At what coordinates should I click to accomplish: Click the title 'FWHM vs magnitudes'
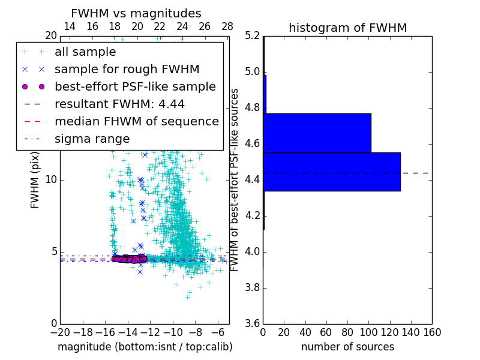point(136,14)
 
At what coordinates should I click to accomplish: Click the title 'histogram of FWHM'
point(347,28)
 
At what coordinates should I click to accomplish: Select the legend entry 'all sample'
point(85,52)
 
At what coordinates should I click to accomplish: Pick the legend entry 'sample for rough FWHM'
point(127,69)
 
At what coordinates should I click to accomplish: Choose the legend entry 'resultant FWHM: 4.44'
point(119,104)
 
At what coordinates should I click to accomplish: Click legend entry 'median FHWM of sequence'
point(136,121)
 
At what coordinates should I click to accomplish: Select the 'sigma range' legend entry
point(92,139)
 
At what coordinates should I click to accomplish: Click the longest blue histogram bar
point(332,172)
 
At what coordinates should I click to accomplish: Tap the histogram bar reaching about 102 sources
point(317,133)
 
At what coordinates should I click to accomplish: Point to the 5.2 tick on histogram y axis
point(253,36)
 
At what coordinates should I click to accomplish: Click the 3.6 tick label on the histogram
point(253,323)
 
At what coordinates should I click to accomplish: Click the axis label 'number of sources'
point(347,347)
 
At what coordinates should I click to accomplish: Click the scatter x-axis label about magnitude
point(145,347)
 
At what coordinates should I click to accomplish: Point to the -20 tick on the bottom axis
point(60,332)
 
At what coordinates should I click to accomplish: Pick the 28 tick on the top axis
point(227,26)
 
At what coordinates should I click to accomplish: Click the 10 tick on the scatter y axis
point(51,180)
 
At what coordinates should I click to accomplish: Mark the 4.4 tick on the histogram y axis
point(253,179)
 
